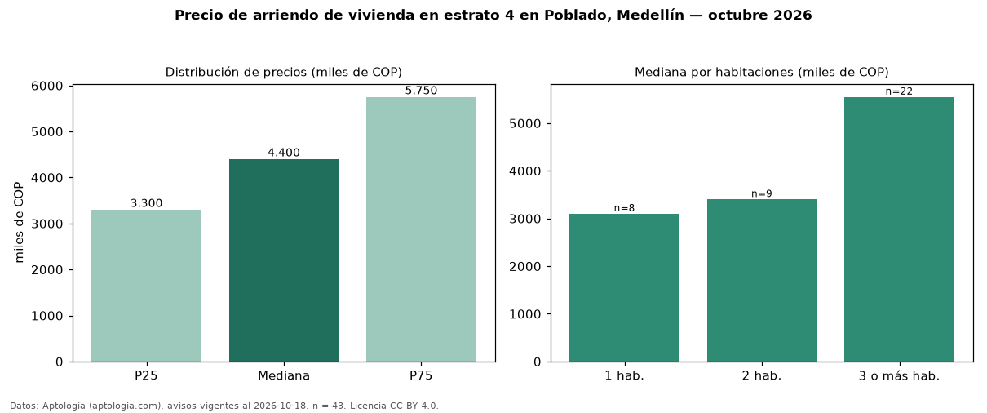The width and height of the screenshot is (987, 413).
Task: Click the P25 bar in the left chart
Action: click(146, 286)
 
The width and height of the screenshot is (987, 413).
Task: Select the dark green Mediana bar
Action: click(284, 260)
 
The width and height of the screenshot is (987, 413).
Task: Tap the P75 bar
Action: click(421, 229)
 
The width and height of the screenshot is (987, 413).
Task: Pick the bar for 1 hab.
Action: click(624, 288)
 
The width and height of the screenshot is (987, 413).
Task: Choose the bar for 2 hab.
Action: click(762, 280)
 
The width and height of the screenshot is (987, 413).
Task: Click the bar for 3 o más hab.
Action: click(900, 229)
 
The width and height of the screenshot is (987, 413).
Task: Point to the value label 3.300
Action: click(146, 203)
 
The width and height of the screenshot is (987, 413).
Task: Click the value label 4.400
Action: click(284, 153)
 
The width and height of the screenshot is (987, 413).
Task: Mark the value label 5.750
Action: click(421, 91)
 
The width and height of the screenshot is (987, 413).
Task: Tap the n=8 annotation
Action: click(624, 208)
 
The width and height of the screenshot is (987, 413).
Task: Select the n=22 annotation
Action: click(900, 91)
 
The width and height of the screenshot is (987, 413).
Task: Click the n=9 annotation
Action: click(762, 193)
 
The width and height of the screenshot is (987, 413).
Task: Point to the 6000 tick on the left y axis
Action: click(47, 86)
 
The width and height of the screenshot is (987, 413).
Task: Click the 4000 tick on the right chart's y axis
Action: click(524, 171)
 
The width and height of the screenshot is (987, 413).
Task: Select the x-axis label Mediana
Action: click(284, 375)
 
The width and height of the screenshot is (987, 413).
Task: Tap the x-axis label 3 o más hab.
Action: click(900, 376)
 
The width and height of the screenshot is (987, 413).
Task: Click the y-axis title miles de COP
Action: click(19, 223)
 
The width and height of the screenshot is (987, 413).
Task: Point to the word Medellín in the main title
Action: click(650, 15)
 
